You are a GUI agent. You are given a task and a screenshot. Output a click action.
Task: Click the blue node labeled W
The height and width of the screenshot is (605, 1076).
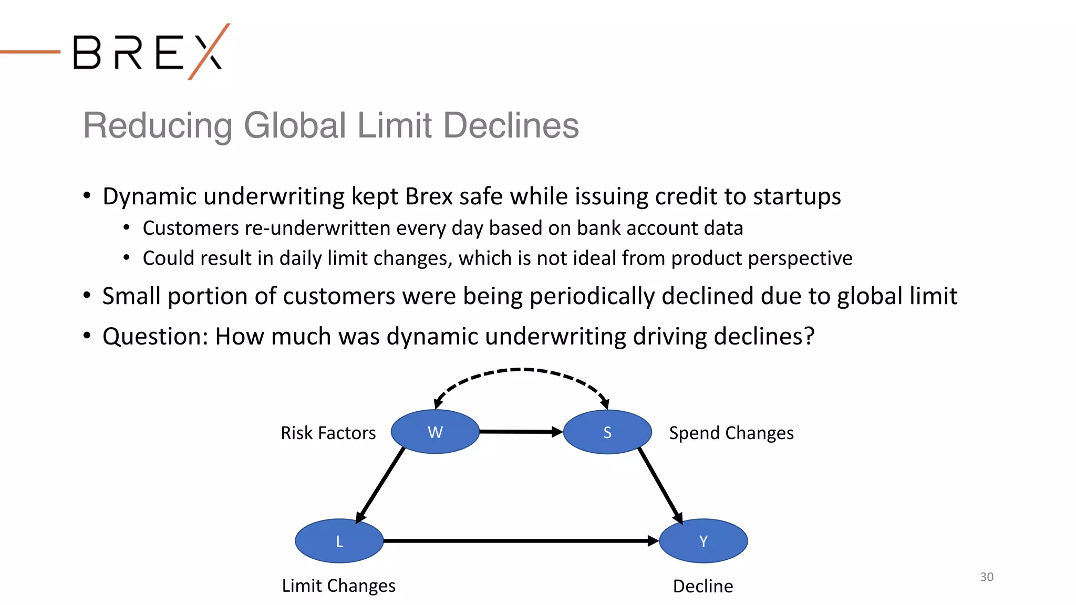click(435, 432)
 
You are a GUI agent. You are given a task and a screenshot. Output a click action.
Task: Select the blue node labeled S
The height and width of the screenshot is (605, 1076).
click(607, 432)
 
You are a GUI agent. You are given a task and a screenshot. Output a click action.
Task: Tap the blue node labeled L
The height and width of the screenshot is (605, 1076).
click(339, 541)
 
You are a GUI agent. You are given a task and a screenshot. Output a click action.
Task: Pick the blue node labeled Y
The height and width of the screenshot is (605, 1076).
click(703, 541)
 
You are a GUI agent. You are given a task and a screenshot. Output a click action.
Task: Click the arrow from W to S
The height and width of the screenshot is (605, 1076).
click(520, 432)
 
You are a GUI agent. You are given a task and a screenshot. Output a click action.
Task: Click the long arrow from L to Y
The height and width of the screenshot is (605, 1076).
click(520, 540)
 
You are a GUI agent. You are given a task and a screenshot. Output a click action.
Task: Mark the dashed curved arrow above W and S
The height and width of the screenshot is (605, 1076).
click(520, 371)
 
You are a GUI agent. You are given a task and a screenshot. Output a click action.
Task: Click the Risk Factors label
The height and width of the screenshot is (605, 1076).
click(328, 433)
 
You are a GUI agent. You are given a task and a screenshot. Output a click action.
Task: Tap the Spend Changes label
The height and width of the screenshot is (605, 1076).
click(731, 433)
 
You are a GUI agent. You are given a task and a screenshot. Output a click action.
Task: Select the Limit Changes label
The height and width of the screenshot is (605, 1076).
click(339, 586)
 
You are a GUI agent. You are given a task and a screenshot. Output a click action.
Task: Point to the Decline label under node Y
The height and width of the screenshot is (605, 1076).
click(703, 586)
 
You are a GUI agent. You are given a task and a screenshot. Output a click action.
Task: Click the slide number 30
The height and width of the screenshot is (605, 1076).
click(987, 577)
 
